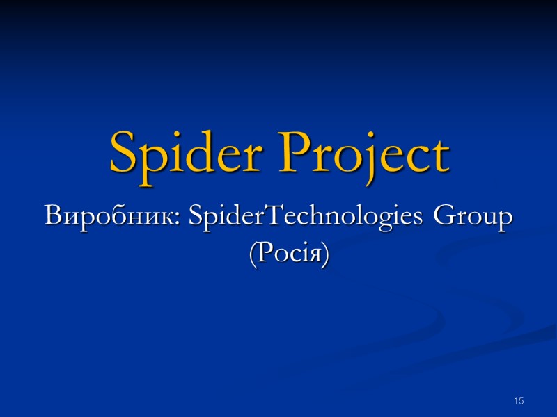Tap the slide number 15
tap(518, 401)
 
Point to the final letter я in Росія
tap(314, 256)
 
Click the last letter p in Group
tap(505, 221)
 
